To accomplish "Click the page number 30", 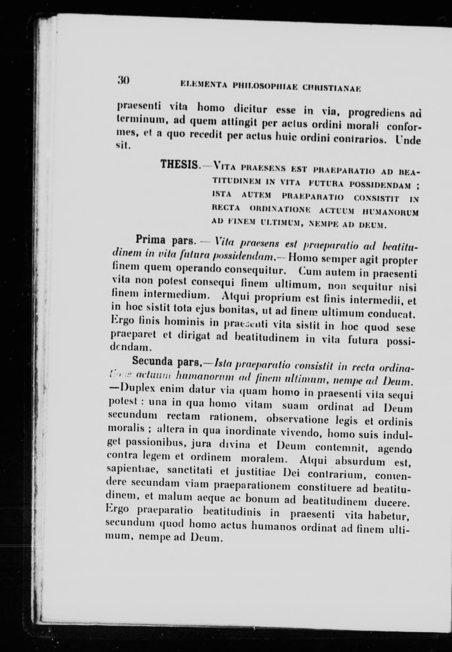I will [x=123, y=80].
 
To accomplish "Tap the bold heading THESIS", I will [x=179, y=165].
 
